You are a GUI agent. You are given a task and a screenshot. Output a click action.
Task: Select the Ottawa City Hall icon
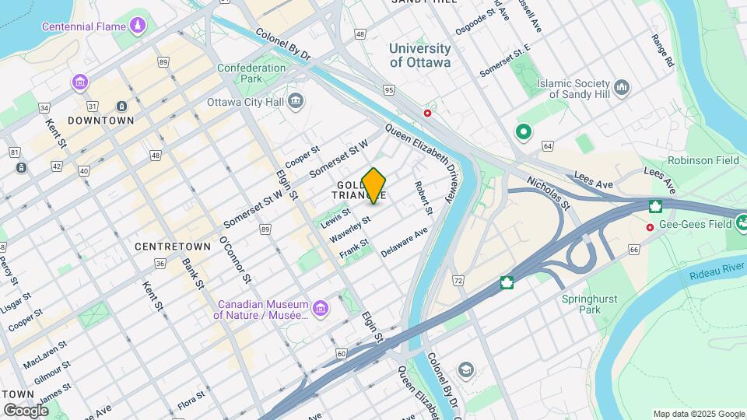[296, 101]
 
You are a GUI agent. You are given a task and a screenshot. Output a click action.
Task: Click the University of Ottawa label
[420, 55]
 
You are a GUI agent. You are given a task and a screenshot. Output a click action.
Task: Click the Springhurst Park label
[581, 303]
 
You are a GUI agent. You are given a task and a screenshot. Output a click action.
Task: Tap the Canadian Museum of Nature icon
[319, 310]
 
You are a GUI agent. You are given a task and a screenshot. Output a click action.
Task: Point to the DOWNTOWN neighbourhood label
[101, 121]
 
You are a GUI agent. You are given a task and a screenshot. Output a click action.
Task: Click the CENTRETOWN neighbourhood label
[173, 246]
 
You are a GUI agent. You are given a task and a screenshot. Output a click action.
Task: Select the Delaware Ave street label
[405, 242]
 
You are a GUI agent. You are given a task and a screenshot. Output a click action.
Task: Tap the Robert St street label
[423, 198]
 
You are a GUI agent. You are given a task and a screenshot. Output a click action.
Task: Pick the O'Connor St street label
[236, 260]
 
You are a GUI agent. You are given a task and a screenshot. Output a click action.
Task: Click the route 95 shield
[389, 90]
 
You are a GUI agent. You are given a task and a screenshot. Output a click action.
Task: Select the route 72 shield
[458, 280]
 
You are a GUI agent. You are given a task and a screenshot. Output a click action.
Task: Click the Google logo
[26, 410]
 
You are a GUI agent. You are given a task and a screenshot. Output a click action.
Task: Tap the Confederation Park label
[251, 73]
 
